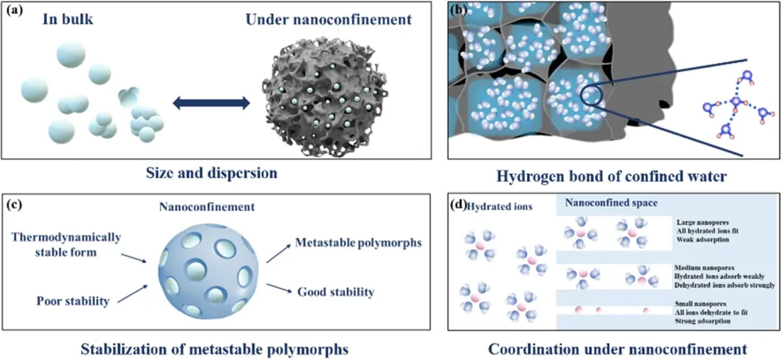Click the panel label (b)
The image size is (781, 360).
[x=458, y=11]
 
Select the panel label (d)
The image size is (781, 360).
[x=458, y=205]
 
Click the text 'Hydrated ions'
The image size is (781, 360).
[x=501, y=206]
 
